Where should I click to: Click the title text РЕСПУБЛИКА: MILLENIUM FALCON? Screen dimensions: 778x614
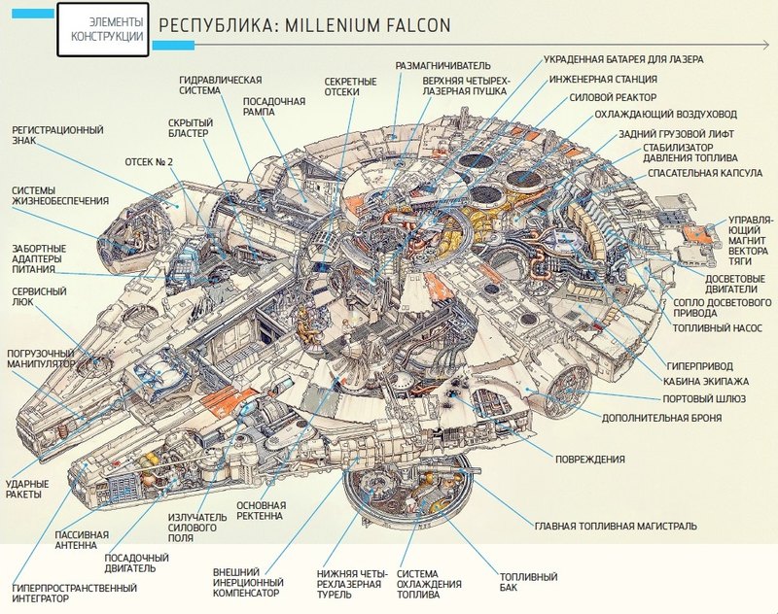pos(304,25)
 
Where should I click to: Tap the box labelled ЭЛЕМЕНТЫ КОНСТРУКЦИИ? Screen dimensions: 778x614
pos(103,29)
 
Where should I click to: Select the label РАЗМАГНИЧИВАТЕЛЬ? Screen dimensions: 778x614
pos(443,65)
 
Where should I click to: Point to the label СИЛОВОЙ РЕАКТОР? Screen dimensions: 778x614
pos(613,97)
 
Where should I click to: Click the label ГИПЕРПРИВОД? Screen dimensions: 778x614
pos(699,366)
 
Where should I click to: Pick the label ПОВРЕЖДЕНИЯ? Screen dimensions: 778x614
pos(590,459)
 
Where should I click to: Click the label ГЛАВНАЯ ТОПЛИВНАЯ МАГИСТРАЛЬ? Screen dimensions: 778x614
pos(616,526)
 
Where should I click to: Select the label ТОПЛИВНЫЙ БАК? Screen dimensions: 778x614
pos(528,582)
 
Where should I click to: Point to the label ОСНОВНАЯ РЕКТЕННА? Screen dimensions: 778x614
pos(261,510)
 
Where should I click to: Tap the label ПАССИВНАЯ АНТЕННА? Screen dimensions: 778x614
pos(82,540)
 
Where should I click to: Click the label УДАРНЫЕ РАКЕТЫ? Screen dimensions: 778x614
pos(27,489)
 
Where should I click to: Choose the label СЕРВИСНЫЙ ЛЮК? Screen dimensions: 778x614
pos(39,296)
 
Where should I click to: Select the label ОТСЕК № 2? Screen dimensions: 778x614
pos(149,162)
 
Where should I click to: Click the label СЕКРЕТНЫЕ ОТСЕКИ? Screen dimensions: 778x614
pos(351,86)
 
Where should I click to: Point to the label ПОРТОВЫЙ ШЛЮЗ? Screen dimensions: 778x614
pos(704,399)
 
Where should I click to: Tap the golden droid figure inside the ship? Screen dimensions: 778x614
pos(305,327)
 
